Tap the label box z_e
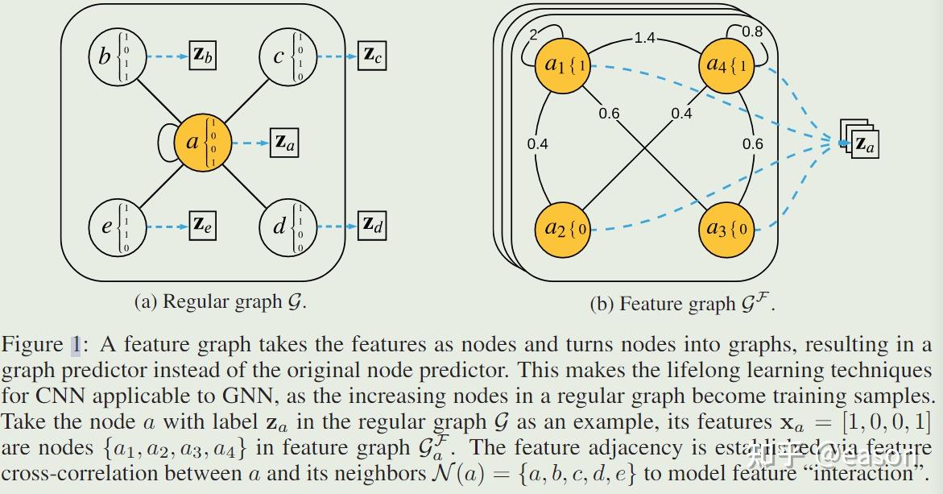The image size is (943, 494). [x=202, y=223]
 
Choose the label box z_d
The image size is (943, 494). [x=372, y=223]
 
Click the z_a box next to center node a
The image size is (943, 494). [x=284, y=143]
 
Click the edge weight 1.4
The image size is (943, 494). [x=644, y=38]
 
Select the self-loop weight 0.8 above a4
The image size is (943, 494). [x=751, y=31]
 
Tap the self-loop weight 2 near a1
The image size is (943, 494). [x=533, y=34]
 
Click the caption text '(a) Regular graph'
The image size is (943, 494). [x=220, y=302]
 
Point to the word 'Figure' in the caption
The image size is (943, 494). [x=32, y=346]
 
